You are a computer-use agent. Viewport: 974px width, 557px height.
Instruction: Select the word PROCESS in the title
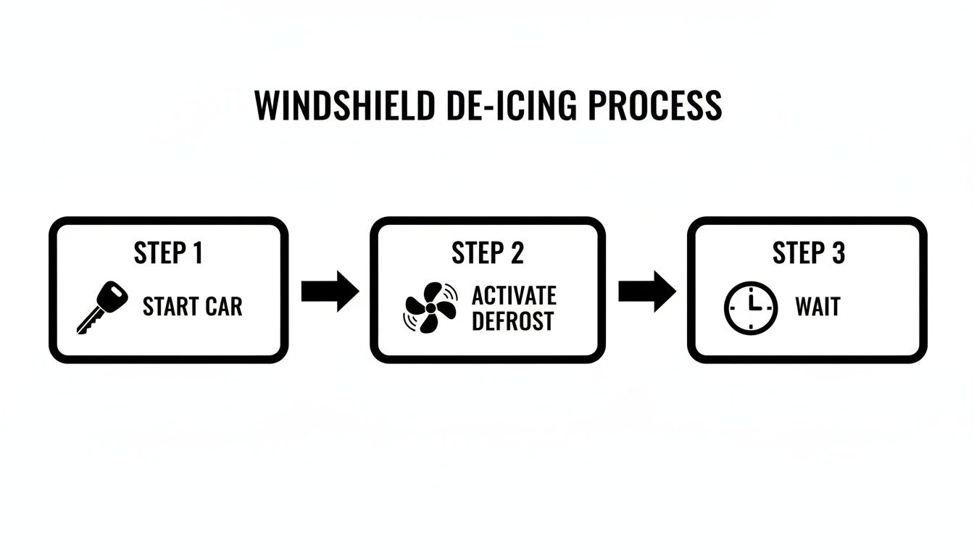click(654, 106)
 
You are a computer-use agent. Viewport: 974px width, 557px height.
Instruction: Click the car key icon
click(101, 308)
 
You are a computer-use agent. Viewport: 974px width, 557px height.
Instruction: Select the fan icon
click(430, 308)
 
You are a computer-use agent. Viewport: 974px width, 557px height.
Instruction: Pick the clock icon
click(750, 308)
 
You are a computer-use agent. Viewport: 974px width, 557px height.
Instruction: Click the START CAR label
click(192, 307)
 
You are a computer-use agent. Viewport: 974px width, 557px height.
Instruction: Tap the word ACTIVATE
click(514, 295)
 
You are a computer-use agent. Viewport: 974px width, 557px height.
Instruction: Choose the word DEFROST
click(512, 320)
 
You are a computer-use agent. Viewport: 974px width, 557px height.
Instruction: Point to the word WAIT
click(817, 307)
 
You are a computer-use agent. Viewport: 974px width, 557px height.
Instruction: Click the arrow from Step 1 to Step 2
click(330, 292)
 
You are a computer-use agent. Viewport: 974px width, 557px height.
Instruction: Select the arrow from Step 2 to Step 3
click(646, 292)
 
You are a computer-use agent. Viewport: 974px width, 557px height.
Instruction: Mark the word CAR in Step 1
click(222, 307)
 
